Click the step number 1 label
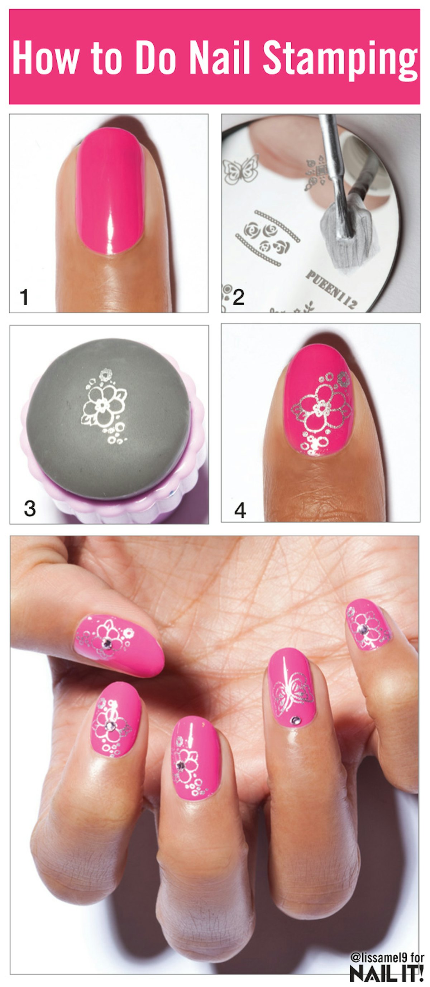point(24,297)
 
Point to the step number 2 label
point(238,297)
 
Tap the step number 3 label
point(29,509)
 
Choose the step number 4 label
point(240,510)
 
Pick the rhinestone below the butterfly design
point(296,721)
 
